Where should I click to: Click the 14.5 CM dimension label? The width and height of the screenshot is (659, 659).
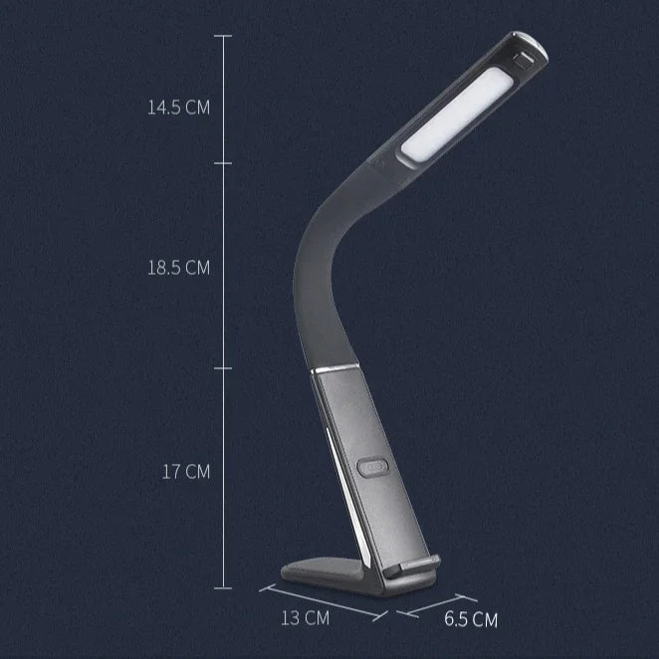click(x=178, y=108)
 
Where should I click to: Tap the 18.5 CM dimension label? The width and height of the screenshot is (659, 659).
click(x=178, y=268)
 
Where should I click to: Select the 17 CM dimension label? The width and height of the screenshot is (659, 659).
click(x=186, y=472)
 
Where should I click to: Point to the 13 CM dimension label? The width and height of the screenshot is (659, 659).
click(x=305, y=618)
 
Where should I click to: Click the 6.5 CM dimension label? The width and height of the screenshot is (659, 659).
click(x=470, y=620)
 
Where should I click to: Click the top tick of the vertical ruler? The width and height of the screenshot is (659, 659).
click(x=222, y=36)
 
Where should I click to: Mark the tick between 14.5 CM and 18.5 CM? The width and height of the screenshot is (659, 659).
click(x=222, y=162)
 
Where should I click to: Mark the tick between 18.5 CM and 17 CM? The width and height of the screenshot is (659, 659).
click(x=222, y=365)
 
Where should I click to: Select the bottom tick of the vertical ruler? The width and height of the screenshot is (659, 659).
click(x=222, y=588)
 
